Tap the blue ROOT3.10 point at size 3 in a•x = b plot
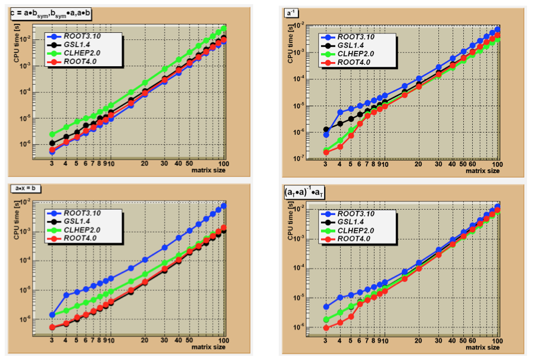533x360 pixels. (52, 314)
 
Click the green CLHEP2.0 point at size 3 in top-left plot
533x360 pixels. (52, 134)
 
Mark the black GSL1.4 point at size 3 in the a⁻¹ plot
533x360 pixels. (326, 129)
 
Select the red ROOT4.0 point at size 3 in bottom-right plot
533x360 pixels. (326, 328)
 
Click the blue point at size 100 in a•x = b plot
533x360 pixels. (224, 206)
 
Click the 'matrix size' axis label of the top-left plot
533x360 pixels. (205, 170)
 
